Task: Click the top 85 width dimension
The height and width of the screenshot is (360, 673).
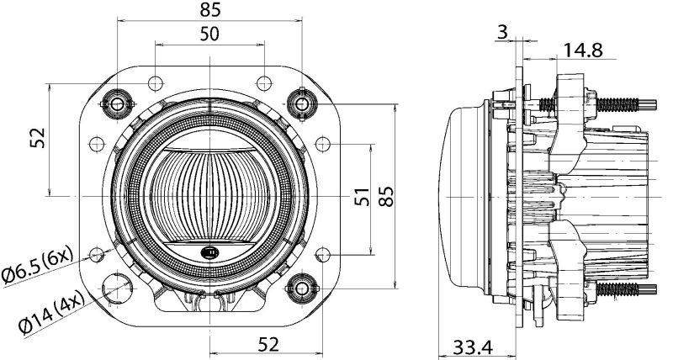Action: (210, 10)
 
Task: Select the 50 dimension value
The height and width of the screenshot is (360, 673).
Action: (209, 34)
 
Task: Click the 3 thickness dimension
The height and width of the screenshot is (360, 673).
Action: (502, 33)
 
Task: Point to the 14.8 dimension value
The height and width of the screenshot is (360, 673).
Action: (582, 50)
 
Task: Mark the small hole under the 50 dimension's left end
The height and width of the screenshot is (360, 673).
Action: (156, 82)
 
